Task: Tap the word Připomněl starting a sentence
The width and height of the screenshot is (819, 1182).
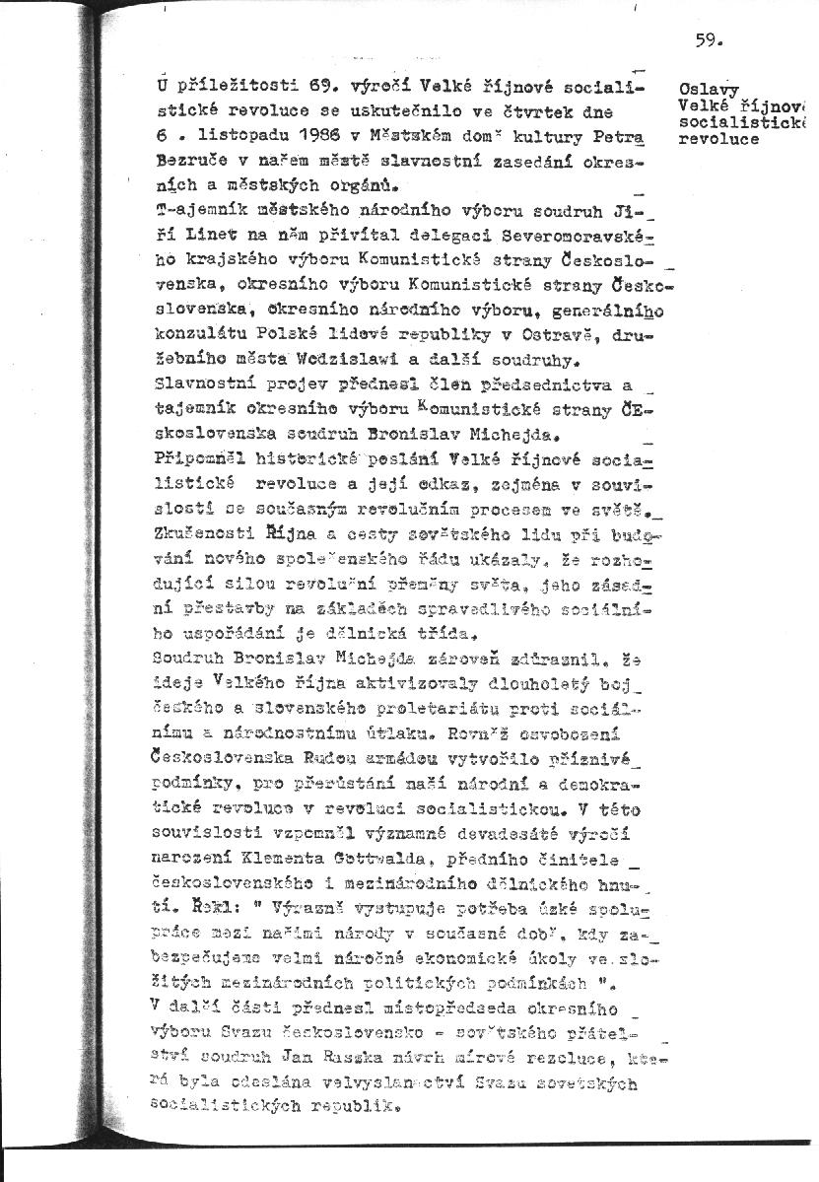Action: [197, 458]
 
